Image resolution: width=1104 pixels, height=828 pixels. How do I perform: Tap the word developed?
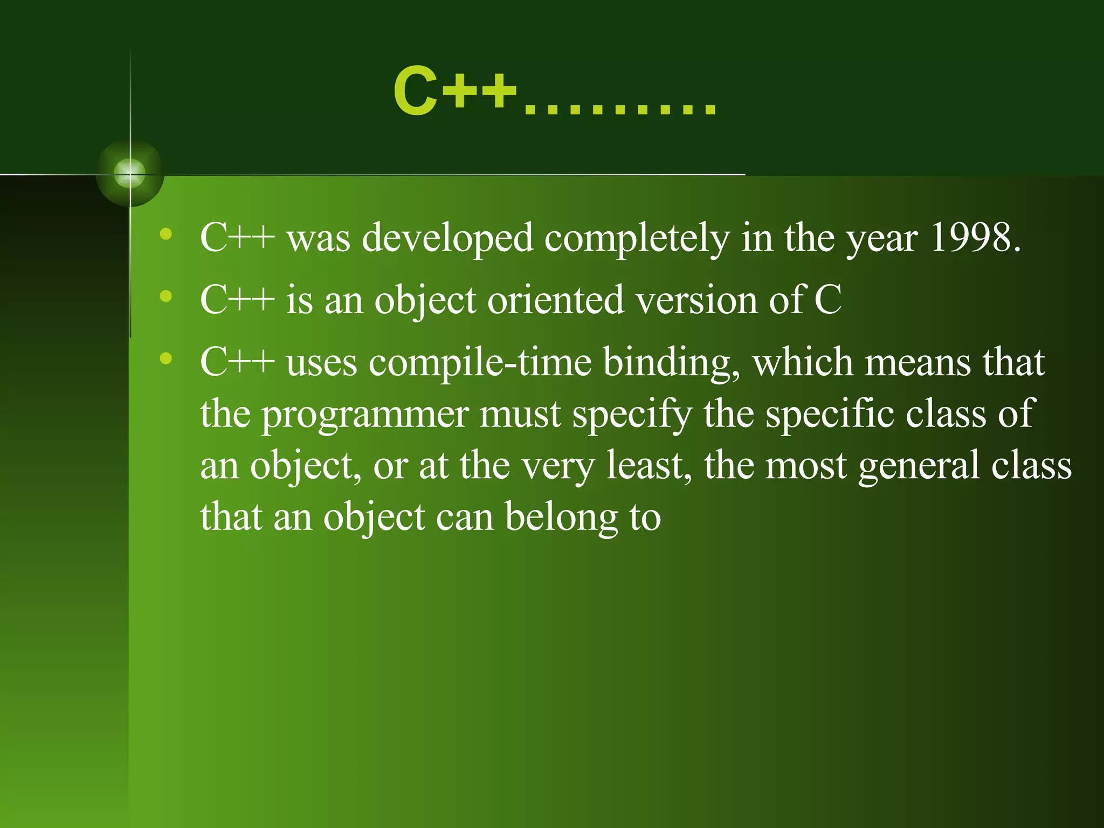(x=447, y=238)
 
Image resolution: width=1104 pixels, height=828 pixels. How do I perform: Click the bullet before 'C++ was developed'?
(x=166, y=234)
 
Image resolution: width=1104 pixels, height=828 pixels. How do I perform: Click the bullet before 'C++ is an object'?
(x=166, y=296)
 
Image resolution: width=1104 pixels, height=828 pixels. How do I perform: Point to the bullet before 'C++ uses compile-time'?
(x=166, y=358)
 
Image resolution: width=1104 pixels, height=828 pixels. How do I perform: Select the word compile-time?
(x=480, y=363)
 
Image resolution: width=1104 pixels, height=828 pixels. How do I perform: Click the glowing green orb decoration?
(x=130, y=174)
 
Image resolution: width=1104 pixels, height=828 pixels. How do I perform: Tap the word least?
(x=648, y=466)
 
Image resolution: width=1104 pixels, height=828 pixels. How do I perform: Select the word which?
(x=803, y=362)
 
